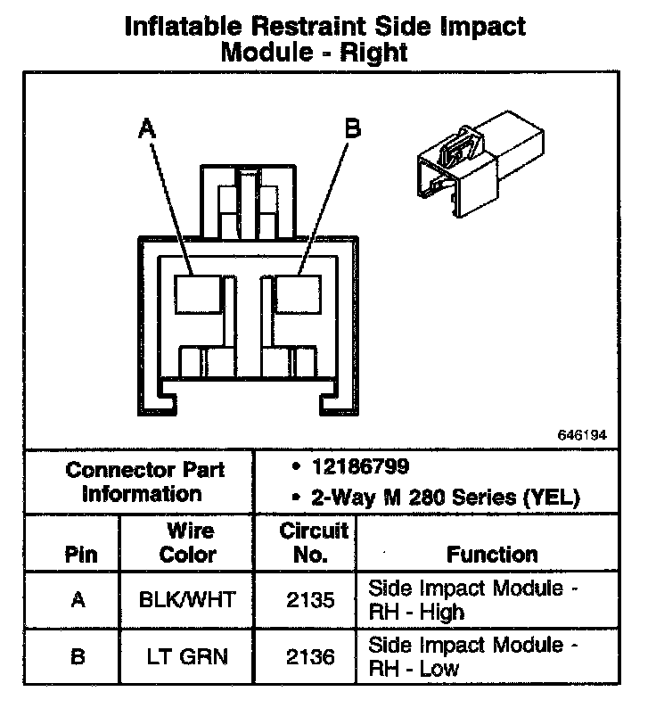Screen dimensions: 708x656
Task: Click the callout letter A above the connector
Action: point(147,130)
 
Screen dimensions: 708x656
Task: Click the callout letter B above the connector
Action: point(353,130)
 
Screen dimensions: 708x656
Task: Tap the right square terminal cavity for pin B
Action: point(298,293)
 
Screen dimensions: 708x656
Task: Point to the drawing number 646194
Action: point(582,436)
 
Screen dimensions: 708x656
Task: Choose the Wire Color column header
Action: point(188,542)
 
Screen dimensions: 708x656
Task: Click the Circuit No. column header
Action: point(313,542)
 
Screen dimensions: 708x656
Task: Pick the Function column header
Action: point(492,554)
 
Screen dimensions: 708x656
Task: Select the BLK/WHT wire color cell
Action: point(188,600)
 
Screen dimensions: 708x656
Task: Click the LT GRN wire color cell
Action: point(188,657)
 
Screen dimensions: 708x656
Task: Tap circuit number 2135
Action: point(312,600)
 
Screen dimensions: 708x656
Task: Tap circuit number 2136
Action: point(312,657)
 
